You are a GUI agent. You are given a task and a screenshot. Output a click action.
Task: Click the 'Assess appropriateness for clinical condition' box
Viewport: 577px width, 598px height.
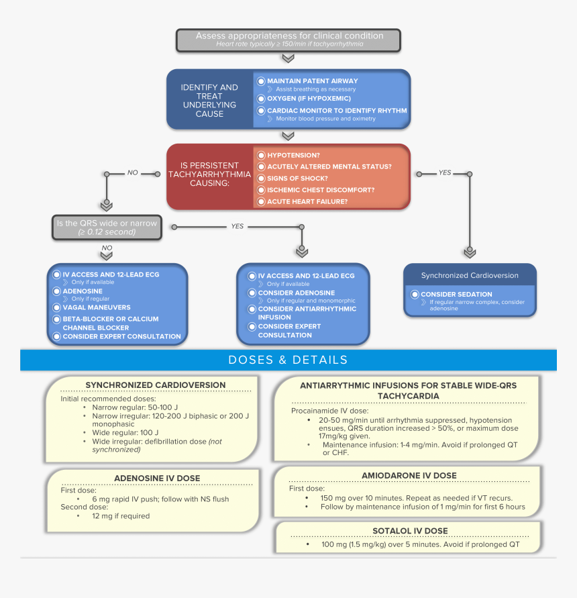coord(288,40)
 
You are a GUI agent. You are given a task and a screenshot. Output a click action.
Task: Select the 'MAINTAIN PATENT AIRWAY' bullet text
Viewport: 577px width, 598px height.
coord(312,81)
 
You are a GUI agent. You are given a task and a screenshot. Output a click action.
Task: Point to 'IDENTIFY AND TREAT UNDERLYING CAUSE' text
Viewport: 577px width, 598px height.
coord(209,100)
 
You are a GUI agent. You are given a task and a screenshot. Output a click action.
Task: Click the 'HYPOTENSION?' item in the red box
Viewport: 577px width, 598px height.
coord(293,155)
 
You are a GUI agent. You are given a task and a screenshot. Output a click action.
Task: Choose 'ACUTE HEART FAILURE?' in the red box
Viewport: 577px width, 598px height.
coord(307,201)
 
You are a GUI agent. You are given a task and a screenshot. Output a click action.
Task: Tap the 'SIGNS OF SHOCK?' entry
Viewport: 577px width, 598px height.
coord(297,179)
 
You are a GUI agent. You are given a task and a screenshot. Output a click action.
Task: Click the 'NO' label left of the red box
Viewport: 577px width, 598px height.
coord(132,173)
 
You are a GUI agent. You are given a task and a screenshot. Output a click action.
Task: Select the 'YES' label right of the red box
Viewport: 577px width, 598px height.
coord(444,173)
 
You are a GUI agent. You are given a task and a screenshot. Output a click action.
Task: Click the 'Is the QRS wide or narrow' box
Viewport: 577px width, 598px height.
coord(107,228)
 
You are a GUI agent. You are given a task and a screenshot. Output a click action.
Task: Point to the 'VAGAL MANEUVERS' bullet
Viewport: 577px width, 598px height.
coord(96,307)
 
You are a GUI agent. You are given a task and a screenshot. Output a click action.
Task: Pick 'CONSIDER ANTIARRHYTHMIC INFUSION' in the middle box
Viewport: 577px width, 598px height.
coord(307,313)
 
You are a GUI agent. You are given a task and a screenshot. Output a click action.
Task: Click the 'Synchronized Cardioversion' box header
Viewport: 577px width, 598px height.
coord(470,276)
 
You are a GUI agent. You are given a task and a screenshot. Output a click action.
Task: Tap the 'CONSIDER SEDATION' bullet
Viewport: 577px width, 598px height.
coord(456,295)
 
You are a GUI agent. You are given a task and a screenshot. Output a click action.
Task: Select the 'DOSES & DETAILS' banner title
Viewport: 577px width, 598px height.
coord(288,360)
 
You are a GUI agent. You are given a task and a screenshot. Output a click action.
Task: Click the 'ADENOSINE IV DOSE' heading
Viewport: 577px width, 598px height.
coord(157,479)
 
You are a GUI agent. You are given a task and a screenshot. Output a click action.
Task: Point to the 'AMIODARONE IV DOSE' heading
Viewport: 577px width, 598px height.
coord(409,475)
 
